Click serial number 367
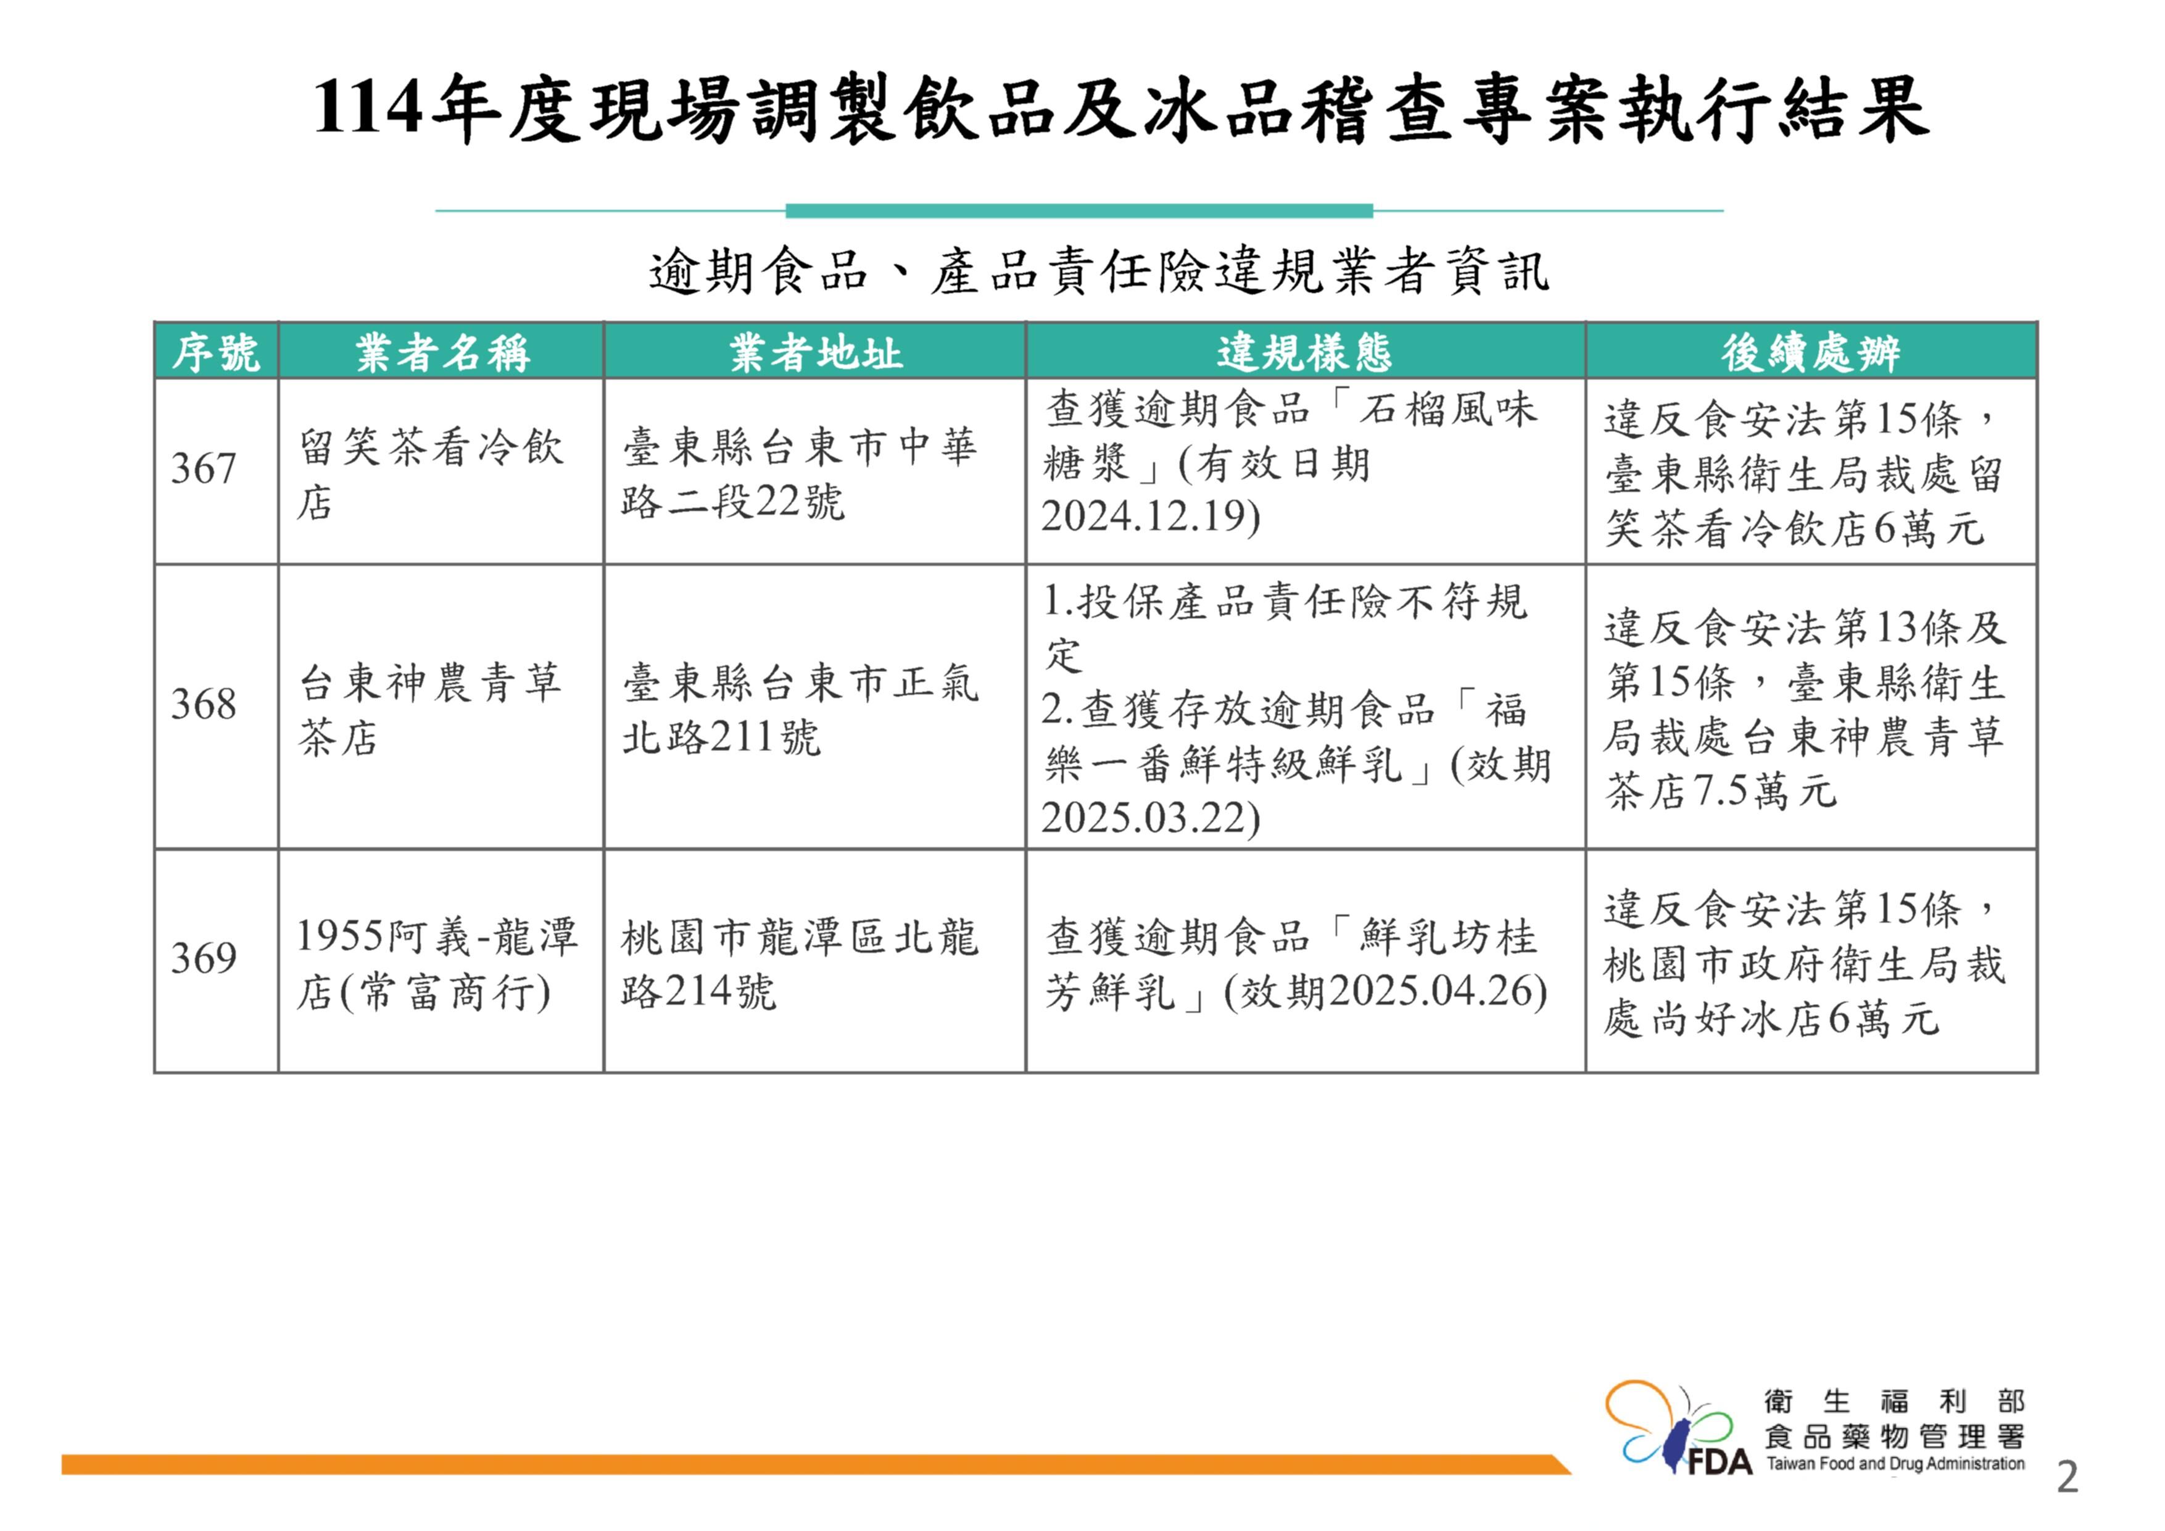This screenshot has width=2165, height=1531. pyautogui.click(x=203, y=469)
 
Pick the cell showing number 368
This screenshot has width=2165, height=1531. pyautogui.click(x=203, y=705)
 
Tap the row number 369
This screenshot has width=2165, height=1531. pyautogui.click(x=203, y=958)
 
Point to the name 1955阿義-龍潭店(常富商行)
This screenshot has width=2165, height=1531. pyautogui.click(x=437, y=964)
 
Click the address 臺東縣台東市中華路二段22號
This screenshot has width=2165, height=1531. pyautogui.click(x=800, y=473)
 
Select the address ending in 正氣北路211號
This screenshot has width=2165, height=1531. pyautogui.click(x=800, y=710)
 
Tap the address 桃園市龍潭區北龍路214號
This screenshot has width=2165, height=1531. pyautogui.click(x=800, y=964)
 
